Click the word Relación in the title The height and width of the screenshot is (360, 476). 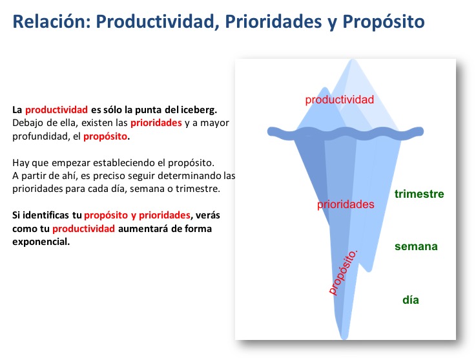(x=52, y=21)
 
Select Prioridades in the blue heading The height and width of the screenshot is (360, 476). (x=273, y=21)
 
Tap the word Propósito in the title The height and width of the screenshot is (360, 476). (x=384, y=23)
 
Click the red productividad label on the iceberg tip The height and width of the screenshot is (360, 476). (x=339, y=100)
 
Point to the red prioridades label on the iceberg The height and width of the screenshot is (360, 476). (x=346, y=204)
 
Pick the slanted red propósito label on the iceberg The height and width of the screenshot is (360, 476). (x=344, y=272)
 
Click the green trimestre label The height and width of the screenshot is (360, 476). (x=419, y=194)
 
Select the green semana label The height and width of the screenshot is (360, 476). (x=416, y=246)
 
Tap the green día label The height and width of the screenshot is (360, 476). (x=411, y=300)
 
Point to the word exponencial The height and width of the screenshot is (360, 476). (x=41, y=242)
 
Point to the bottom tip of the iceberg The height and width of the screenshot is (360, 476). (x=344, y=338)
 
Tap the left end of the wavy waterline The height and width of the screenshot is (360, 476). (x=268, y=132)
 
